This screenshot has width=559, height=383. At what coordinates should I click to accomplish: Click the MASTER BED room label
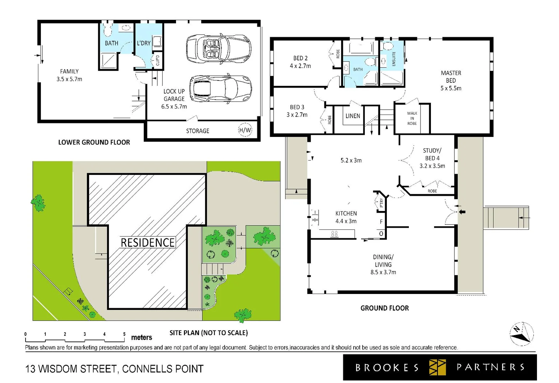[x=451, y=81]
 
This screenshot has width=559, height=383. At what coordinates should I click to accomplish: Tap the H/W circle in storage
[x=245, y=130]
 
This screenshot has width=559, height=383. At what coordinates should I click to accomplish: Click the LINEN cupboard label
[x=352, y=116]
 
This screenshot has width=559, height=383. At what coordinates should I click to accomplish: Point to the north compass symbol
[x=521, y=334]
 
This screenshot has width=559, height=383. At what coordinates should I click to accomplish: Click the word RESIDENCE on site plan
[x=148, y=243]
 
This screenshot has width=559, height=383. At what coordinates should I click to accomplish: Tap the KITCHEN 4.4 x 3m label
[x=346, y=217]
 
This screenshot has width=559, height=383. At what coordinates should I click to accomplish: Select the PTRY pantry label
[x=381, y=202]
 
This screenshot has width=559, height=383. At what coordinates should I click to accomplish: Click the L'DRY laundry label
[x=144, y=43]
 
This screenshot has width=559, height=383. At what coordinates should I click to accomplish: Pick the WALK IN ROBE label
[x=412, y=118]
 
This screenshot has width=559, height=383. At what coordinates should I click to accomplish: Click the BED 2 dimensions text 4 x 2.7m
[x=300, y=66]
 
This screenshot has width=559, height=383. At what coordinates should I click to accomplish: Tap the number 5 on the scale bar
[x=124, y=334]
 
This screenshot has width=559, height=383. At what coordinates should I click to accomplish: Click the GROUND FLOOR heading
[x=384, y=308]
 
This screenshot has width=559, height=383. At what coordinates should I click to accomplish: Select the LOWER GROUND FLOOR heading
[x=94, y=142]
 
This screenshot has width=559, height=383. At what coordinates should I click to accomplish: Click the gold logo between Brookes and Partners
[x=437, y=367]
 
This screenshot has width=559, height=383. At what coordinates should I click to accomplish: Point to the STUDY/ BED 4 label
[x=432, y=158]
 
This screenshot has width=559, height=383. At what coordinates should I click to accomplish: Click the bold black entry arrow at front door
[x=462, y=212]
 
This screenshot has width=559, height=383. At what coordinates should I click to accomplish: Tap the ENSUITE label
[x=394, y=59]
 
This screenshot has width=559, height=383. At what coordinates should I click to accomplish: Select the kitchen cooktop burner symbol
[x=334, y=234]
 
